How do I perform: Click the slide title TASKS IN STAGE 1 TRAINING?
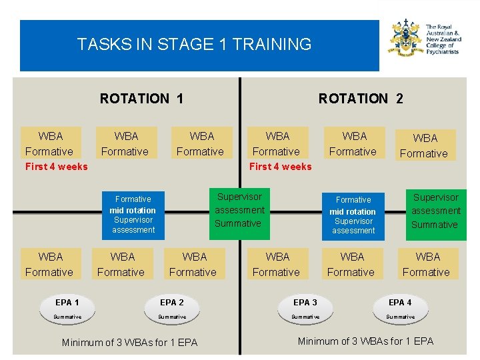click(194, 45)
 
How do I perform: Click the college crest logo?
click(405, 39)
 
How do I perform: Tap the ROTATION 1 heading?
click(141, 99)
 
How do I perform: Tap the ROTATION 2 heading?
click(361, 99)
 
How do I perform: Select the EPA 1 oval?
click(67, 309)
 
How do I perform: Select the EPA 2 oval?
click(172, 309)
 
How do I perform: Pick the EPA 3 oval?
click(305, 309)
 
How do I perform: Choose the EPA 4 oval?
click(400, 309)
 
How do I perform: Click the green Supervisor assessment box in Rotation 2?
click(435, 211)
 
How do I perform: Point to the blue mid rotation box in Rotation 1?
click(133, 214)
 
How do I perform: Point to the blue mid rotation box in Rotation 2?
click(353, 215)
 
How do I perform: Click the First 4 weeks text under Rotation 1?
click(56, 167)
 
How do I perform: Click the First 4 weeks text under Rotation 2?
click(280, 167)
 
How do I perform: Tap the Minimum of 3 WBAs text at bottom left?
click(129, 343)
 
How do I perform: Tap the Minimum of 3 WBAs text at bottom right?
click(365, 341)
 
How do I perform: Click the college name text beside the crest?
click(442, 39)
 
